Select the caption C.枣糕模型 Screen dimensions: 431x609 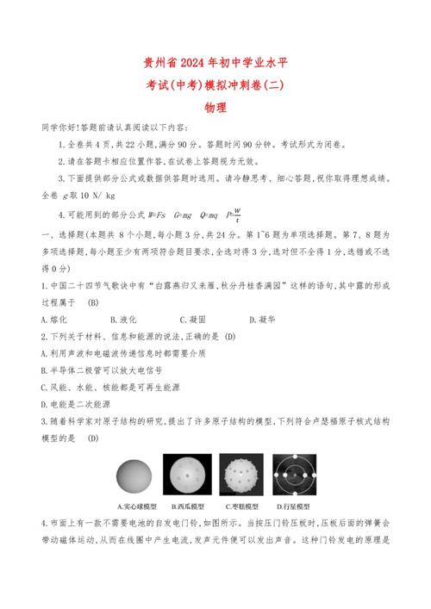point(240,506)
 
